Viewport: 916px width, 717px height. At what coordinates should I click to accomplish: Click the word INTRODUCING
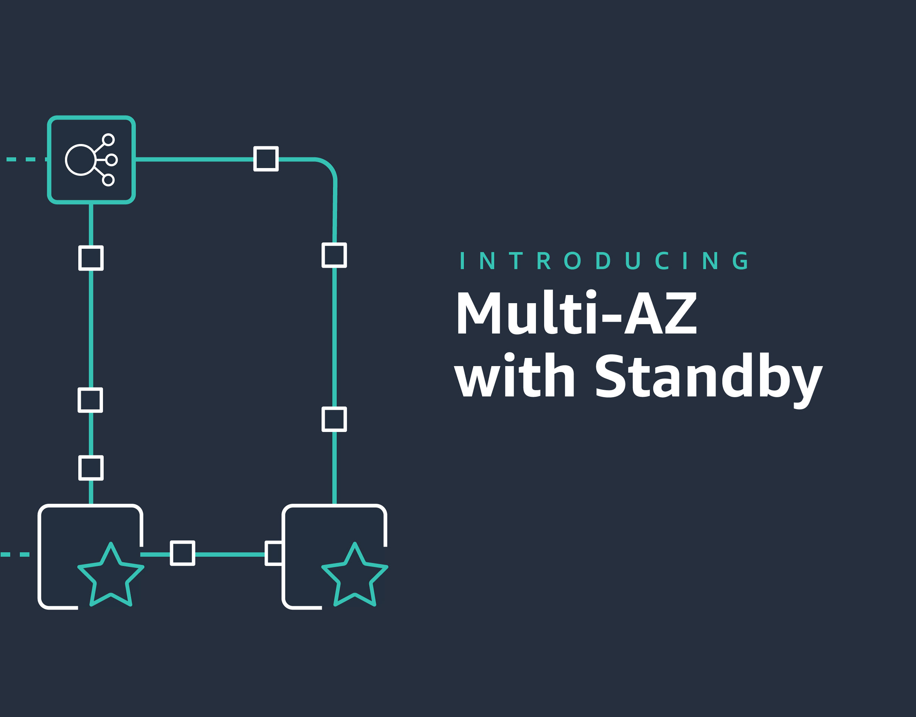click(604, 261)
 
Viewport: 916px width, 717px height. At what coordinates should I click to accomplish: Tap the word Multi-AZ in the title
click(576, 313)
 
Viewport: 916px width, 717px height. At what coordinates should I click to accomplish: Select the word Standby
click(709, 376)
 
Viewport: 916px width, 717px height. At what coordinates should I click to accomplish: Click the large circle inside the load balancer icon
click(80, 160)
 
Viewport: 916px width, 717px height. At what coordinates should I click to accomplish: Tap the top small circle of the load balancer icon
click(108, 140)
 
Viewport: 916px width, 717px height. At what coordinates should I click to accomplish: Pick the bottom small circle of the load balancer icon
click(108, 180)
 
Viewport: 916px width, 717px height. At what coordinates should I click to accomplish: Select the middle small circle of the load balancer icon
click(112, 160)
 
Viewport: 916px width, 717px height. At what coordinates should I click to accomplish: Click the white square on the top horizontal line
click(266, 159)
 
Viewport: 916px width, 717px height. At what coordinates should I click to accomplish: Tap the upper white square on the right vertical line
click(334, 255)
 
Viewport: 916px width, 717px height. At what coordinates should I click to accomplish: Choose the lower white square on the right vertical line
click(334, 419)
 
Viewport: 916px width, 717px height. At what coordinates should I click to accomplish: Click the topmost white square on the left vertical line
click(91, 258)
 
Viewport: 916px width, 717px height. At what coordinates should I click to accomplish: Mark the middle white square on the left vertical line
click(90, 400)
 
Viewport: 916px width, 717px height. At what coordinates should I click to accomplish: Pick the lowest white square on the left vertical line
click(91, 468)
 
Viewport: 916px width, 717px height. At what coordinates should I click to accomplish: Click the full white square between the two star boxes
click(182, 553)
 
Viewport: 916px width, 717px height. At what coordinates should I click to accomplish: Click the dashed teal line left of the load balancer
click(25, 159)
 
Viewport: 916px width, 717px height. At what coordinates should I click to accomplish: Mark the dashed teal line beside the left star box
click(15, 554)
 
